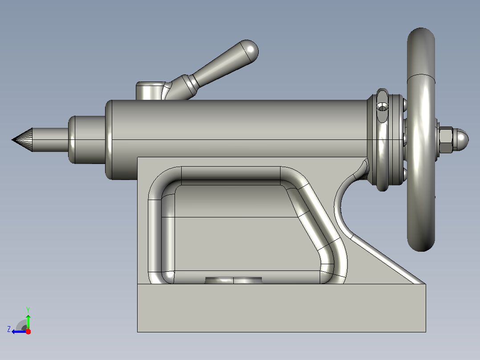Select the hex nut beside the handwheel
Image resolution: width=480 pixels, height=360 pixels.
(x=446, y=140)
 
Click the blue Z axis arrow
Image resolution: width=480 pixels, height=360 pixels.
(x=19, y=331)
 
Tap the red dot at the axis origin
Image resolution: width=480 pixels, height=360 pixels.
(x=28, y=331)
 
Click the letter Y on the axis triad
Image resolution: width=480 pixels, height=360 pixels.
(x=28, y=310)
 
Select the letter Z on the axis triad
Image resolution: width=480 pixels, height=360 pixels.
(x=9, y=329)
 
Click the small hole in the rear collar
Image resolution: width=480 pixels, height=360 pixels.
(x=382, y=107)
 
